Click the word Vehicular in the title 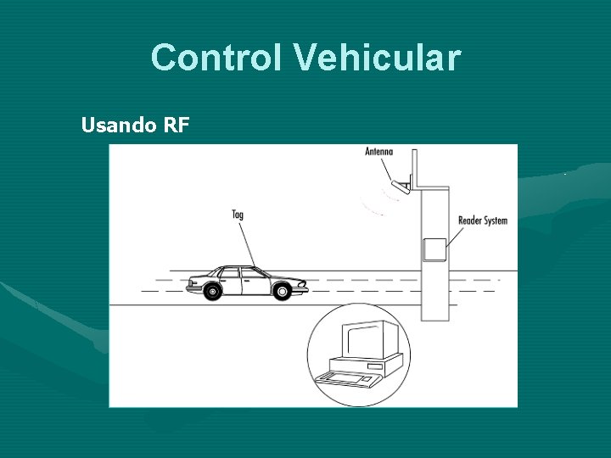(377, 58)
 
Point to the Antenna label (378, 153)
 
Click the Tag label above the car (238, 215)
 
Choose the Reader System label (482, 221)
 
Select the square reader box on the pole (434, 249)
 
